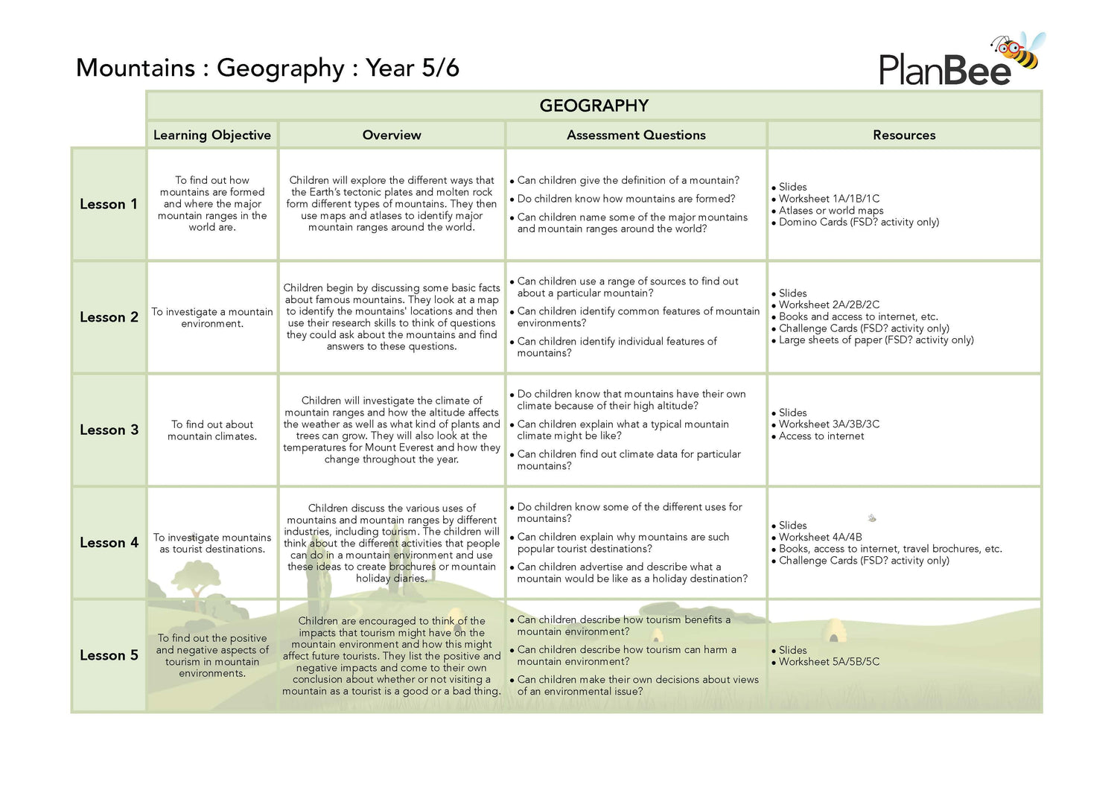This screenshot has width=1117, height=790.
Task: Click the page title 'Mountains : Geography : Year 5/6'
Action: coord(267,68)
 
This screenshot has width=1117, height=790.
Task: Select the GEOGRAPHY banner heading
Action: coord(593,106)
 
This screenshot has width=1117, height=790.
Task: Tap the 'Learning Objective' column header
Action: coord(212,135)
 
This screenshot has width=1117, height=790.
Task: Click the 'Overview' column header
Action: coord(392,135)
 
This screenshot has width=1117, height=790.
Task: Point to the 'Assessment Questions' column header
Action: coord(636,135)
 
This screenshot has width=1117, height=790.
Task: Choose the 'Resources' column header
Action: coord(904,135)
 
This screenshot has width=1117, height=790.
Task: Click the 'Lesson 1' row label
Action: coord(109,204)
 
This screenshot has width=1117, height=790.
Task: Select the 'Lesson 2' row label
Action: coord(109,317)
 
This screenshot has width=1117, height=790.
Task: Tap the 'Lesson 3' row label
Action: coord(109,430)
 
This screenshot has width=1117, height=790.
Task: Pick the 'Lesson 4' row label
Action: coord(109,543)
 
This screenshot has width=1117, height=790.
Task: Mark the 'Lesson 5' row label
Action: coord(109,655)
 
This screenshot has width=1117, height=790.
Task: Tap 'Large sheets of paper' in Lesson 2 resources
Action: coord(876,340)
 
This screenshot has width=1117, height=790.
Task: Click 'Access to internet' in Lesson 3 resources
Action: coord(821,436)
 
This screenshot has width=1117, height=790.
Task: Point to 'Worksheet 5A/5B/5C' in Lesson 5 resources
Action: coord(829,662)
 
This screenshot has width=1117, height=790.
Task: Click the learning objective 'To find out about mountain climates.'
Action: coord(212,430)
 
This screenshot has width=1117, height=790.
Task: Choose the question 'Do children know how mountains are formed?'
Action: coord(626,199)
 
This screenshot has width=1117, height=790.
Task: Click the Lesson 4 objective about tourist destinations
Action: coord(212,544)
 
